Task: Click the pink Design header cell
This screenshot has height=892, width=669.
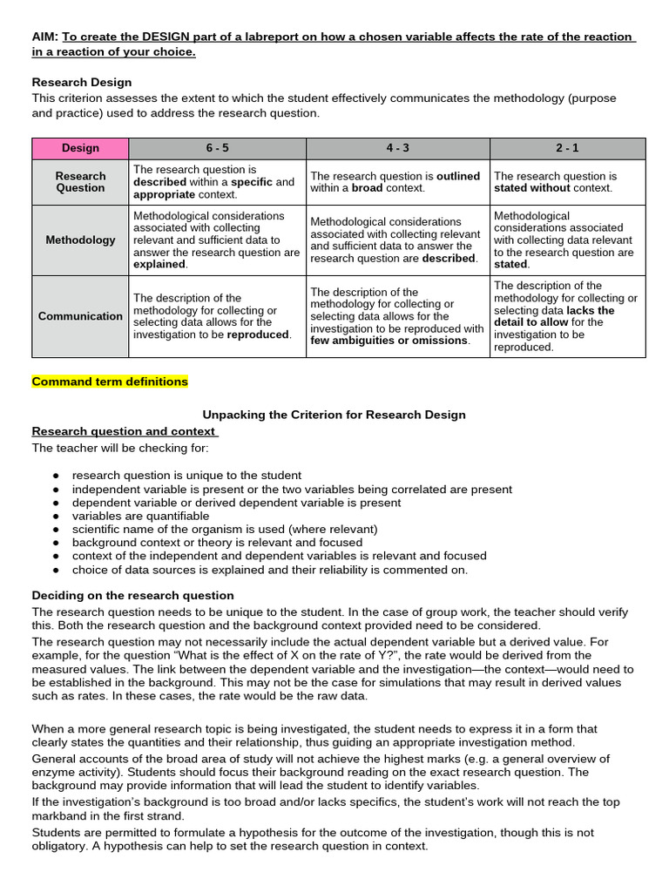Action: click(80, 148)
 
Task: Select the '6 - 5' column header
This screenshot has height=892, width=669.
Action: click(217, 148)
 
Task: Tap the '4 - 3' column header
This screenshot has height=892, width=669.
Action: click(398, 148)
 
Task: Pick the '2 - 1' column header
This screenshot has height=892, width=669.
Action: click(567, 148)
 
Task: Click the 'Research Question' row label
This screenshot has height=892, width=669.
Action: click(80, 181)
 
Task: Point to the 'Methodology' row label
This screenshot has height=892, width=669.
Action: click(80, 240)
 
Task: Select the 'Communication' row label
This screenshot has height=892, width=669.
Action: click(80, 316)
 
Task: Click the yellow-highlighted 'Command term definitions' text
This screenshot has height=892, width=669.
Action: click(110, 382)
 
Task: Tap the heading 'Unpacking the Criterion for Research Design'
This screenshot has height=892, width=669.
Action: click(334, 415)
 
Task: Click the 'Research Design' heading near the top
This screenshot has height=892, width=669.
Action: click(82, 82)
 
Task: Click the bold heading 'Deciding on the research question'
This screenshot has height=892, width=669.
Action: click(132, 595)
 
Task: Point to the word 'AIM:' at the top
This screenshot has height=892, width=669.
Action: click(44, 37)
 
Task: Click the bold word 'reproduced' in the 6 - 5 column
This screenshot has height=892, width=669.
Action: click(258, 334)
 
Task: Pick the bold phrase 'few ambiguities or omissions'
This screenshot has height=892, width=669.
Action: click(389, 341)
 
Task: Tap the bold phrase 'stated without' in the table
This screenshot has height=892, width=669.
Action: click(531, 187)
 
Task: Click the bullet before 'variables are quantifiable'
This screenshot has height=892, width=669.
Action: click(56, 516)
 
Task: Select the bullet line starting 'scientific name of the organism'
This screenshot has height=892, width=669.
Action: click(225, 529)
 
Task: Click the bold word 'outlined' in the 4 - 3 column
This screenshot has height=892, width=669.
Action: click(457, 176)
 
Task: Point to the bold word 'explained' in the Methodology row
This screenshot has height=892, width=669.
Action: click(159, 264)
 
